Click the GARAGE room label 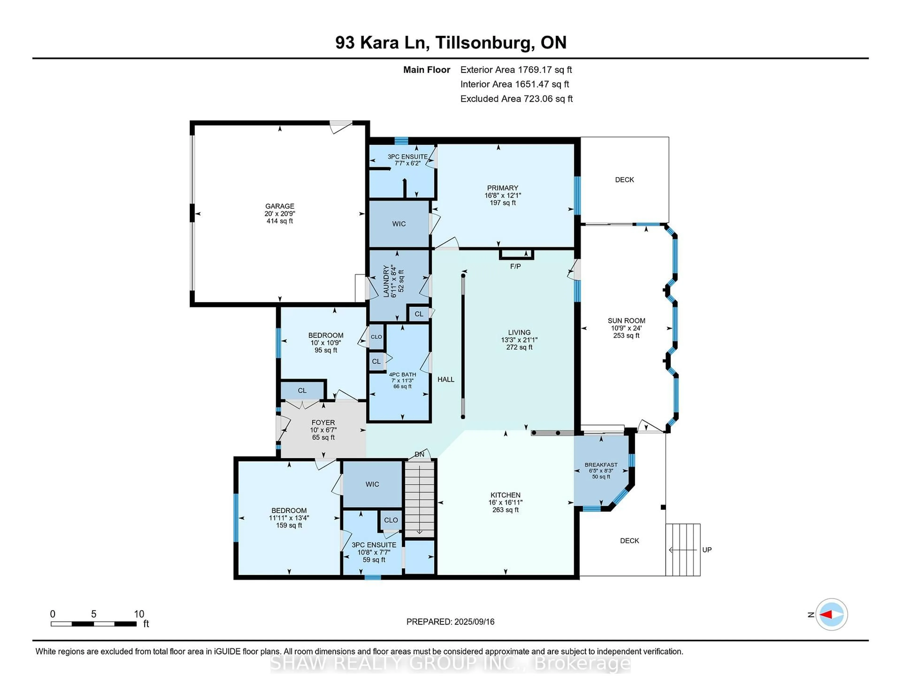click(280, 206)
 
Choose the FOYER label click(323, 423)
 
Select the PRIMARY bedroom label click(503, 188)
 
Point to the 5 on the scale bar click(94, 614)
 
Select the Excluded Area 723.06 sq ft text click(516, 99)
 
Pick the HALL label click(446, 379)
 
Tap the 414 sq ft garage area click(280, 221)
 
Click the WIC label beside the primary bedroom click(399, 224)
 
